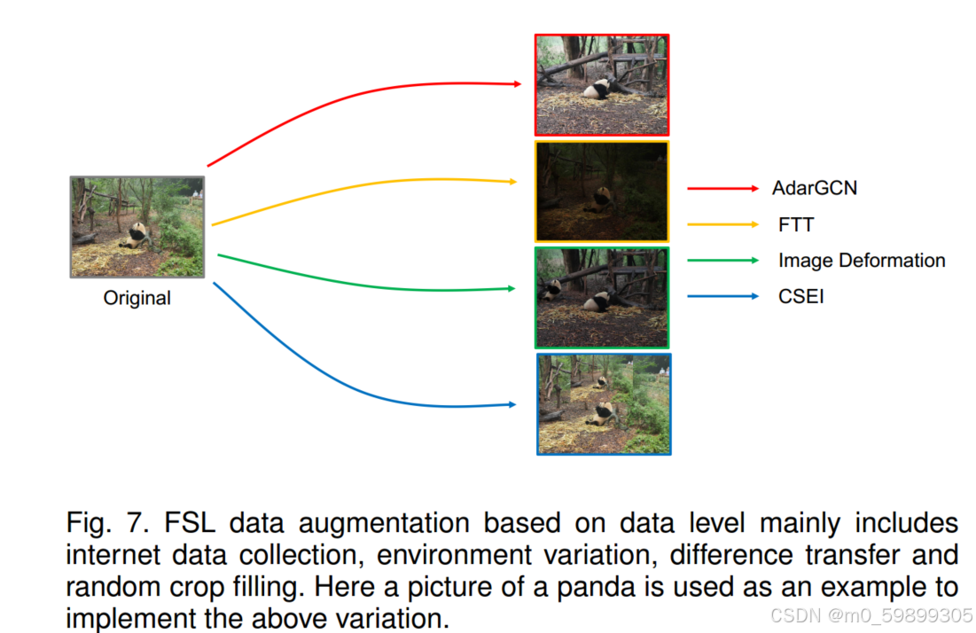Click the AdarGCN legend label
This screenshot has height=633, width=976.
[x=815, y=188]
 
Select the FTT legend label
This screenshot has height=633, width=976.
[x=796, y=224]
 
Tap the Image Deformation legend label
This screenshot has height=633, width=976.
[x=862, y=261]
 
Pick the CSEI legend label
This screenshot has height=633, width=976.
[x=800, y=296]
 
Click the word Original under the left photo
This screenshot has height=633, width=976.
[x=137, y=299]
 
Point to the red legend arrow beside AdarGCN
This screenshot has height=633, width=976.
[x=722, y=188]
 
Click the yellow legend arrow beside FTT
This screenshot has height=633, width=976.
[x=722, y=224]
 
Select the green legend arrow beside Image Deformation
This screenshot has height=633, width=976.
[x=722, y=261]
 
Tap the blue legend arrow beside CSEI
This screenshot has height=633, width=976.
[x=722, y=296]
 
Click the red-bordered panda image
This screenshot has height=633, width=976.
[x=602, y=85]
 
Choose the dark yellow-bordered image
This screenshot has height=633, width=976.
[x=602, y=191]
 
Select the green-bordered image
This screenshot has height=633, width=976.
[x=602, y=298]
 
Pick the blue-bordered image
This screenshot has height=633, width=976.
[x=604, y=404]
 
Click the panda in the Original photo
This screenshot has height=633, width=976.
[x=137, y=235]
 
